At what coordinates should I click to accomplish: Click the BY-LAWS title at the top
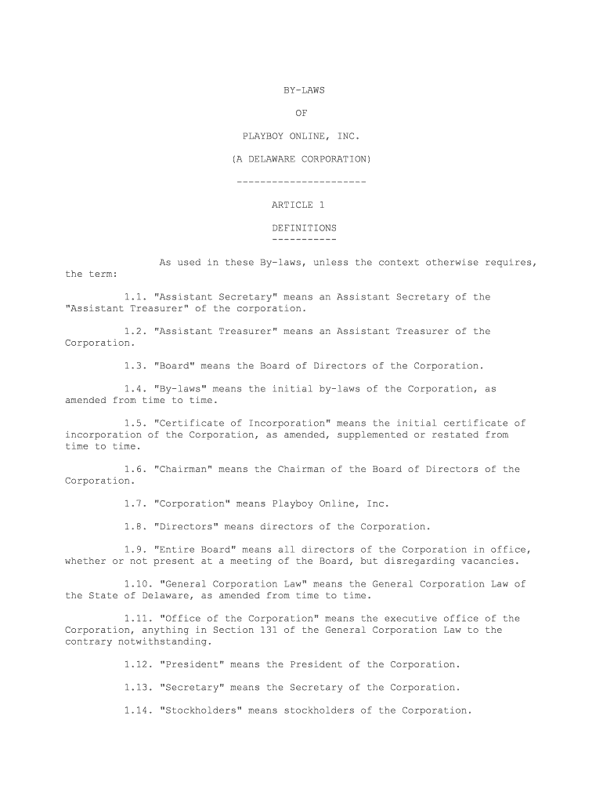[x=303, y=90]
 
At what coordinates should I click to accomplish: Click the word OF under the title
[x=303, y=113]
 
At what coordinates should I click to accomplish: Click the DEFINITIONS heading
[x=304, y=228]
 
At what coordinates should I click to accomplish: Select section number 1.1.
[x=135, y=297]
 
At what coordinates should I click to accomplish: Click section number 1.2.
[x=135, y=332]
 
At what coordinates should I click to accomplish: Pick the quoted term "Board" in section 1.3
[x=177, y=366]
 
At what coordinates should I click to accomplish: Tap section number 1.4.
[x=135, y=389]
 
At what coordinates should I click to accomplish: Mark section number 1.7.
[x=135, y=503]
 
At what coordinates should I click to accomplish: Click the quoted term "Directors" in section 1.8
[x=189, y=527]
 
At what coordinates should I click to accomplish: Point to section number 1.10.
[x=139, y=584]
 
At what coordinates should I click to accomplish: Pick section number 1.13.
[x=139, y=688]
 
